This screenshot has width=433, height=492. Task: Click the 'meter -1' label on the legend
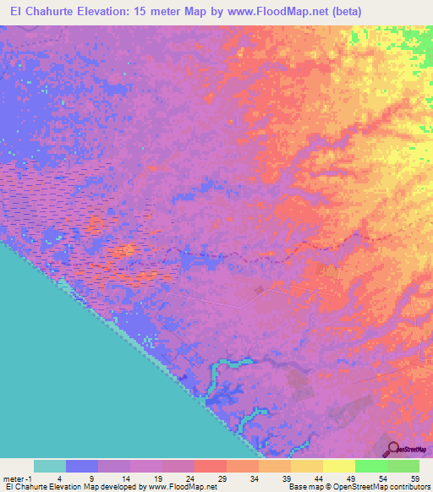tap(19, 478)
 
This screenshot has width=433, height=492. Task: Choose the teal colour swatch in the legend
tap(50, 466)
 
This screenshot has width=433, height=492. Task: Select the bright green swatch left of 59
tap(403, 466)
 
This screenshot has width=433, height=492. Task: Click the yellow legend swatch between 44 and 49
tap(338, 466)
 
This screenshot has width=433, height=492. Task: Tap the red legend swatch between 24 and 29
tap(210, 466)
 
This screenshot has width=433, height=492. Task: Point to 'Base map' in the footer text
tap(300, 488)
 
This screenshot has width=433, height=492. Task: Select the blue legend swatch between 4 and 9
tap(82, 466)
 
